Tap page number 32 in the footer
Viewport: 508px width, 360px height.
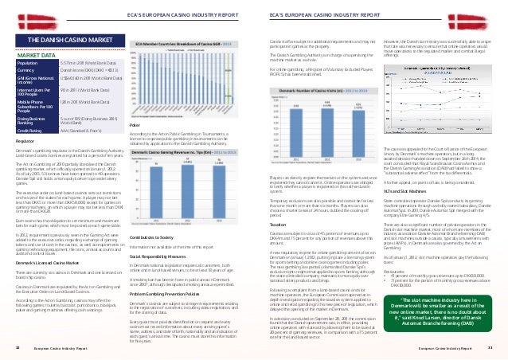18,348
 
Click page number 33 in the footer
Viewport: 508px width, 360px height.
490,348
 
